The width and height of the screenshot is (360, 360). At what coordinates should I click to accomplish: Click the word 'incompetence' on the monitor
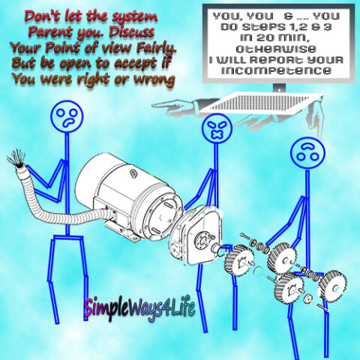(277, 70)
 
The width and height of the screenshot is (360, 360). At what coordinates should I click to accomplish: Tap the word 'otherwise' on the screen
(276, 49)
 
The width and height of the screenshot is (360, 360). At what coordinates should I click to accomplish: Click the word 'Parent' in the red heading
(49, 32)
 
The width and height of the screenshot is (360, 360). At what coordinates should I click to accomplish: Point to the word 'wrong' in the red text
(154, 79)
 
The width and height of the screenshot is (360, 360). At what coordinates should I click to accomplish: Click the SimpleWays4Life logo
(139, 308)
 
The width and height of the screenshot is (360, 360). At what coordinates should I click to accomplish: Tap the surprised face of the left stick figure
(67, 116)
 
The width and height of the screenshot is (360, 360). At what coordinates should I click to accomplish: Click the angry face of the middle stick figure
(217, 127)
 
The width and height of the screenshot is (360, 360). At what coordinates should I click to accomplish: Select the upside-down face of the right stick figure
(307, 152)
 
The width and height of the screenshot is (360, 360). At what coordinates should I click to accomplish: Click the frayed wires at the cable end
(17, 157)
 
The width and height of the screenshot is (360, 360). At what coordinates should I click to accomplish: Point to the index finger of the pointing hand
(163, 104)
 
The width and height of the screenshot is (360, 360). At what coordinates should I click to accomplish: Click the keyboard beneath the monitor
(260, 102)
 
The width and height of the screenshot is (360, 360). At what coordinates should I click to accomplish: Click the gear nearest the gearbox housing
(238, 259)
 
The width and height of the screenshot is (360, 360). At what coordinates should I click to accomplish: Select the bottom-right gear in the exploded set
(333, 286)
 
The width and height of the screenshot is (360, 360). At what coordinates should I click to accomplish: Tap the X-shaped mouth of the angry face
(217, 134)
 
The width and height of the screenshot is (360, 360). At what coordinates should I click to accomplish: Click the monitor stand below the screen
(279, 88)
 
